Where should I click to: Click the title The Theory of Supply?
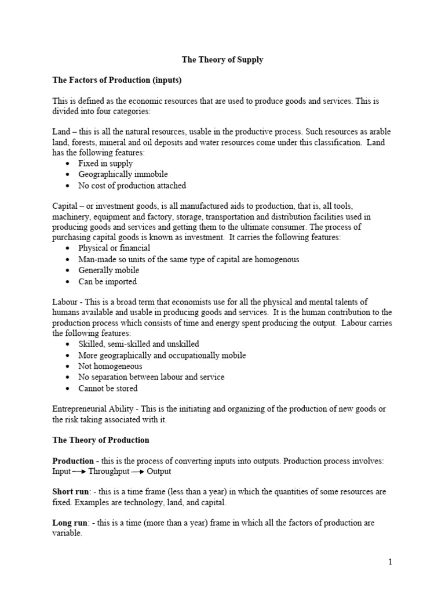point(222,60)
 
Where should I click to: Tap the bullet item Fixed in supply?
point(105,164)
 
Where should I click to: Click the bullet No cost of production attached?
point(132,186)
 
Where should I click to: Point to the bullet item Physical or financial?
point(114,248)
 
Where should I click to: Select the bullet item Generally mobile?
point(109,270)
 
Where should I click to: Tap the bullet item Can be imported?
point(108,281)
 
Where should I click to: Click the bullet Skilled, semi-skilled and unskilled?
point(138,344)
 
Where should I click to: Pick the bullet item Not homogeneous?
point(110,366)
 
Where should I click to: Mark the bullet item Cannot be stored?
point(108,388)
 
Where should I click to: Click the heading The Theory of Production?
point(101,440)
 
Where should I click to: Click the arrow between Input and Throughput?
point(79,472)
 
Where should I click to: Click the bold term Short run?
point(70,492)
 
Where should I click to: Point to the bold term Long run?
point(69,523)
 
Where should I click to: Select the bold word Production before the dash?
point(73,461)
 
